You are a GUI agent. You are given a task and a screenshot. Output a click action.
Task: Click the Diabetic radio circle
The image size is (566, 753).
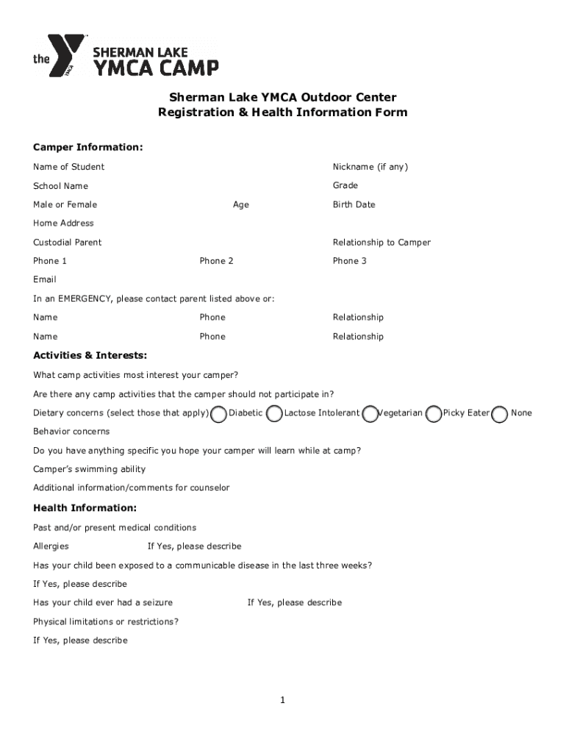pyautogui.click(x=218, y=415)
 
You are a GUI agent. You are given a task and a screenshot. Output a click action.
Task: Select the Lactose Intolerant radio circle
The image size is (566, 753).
pyautogui.click(x=274, y=415)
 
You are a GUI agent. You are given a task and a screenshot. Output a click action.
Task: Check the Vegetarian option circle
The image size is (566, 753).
pyautogui.click(x=372, y=415)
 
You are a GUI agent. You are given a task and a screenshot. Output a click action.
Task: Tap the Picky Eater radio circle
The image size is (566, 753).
pyautogui.click(x=434, y=415)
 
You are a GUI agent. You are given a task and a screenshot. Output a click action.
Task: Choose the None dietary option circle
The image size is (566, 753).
pyautogui.click(x=500, y=415)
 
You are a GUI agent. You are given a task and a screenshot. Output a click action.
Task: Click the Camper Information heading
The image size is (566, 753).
pyautogui.click(x=87, y=148)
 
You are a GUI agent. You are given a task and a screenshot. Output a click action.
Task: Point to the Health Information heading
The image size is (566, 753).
pyautogui.click(x=85, y=508)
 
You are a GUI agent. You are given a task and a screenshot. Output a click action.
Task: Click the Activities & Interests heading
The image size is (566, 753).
pyautogui.click(x=90, y=355)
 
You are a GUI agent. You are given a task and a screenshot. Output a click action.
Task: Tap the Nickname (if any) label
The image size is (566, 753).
pyautogui.click(x=370, y=167)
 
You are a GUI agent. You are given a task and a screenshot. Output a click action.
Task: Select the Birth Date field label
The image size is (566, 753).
pyautogui.click(x=354, y=204)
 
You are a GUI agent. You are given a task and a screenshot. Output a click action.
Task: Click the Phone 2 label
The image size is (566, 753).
pyautogui.click(x=216, y=261)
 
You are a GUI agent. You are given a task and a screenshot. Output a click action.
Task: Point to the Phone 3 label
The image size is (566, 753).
pyautogui.click(x=349, y=261)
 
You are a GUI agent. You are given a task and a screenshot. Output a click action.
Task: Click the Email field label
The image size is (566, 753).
pyautogui.click(x=44, y=279)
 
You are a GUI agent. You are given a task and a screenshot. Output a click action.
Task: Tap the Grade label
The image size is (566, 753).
pyautogui.click(x=345, y=185)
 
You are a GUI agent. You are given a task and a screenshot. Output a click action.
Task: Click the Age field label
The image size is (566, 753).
pyautogui.click(x=240, y=204)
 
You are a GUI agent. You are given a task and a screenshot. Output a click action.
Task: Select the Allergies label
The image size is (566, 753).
pyautogui.click(x=51, y=546)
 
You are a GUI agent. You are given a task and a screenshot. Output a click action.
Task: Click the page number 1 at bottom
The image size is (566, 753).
pyautogui.click(x=282, y=700)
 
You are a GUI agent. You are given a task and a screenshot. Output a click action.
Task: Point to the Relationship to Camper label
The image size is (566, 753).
pyautogui.click(x=381, y=242)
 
